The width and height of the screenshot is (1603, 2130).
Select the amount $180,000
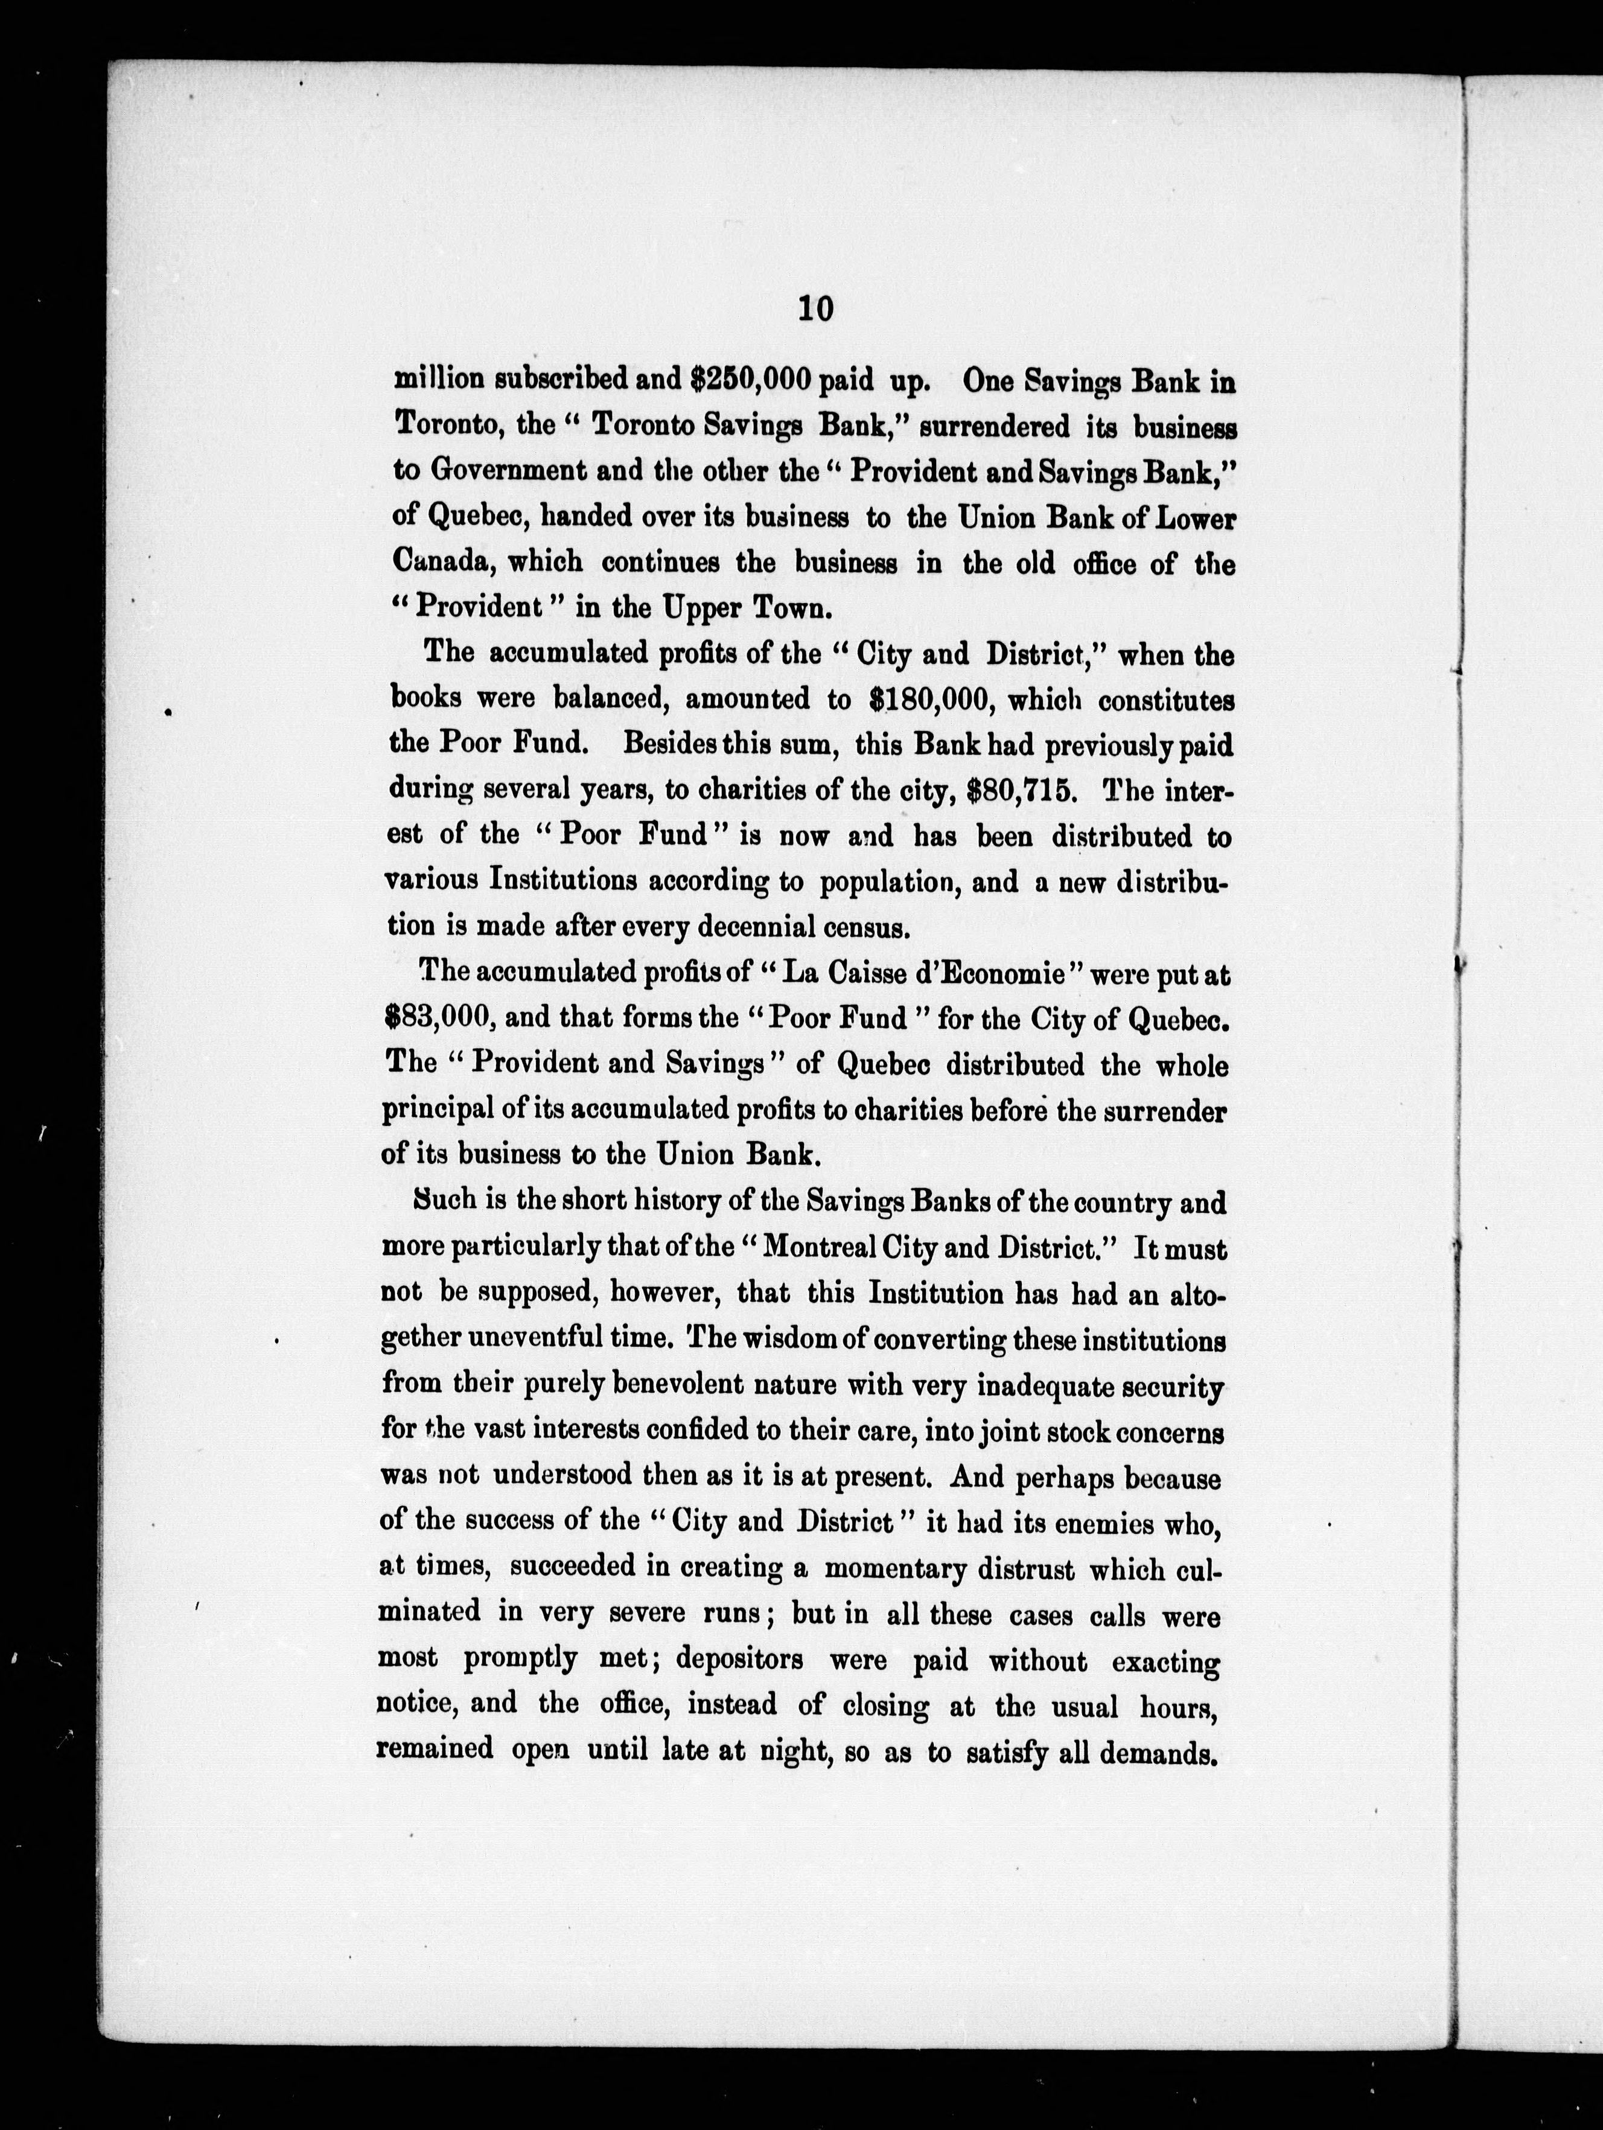coord(929,699)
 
